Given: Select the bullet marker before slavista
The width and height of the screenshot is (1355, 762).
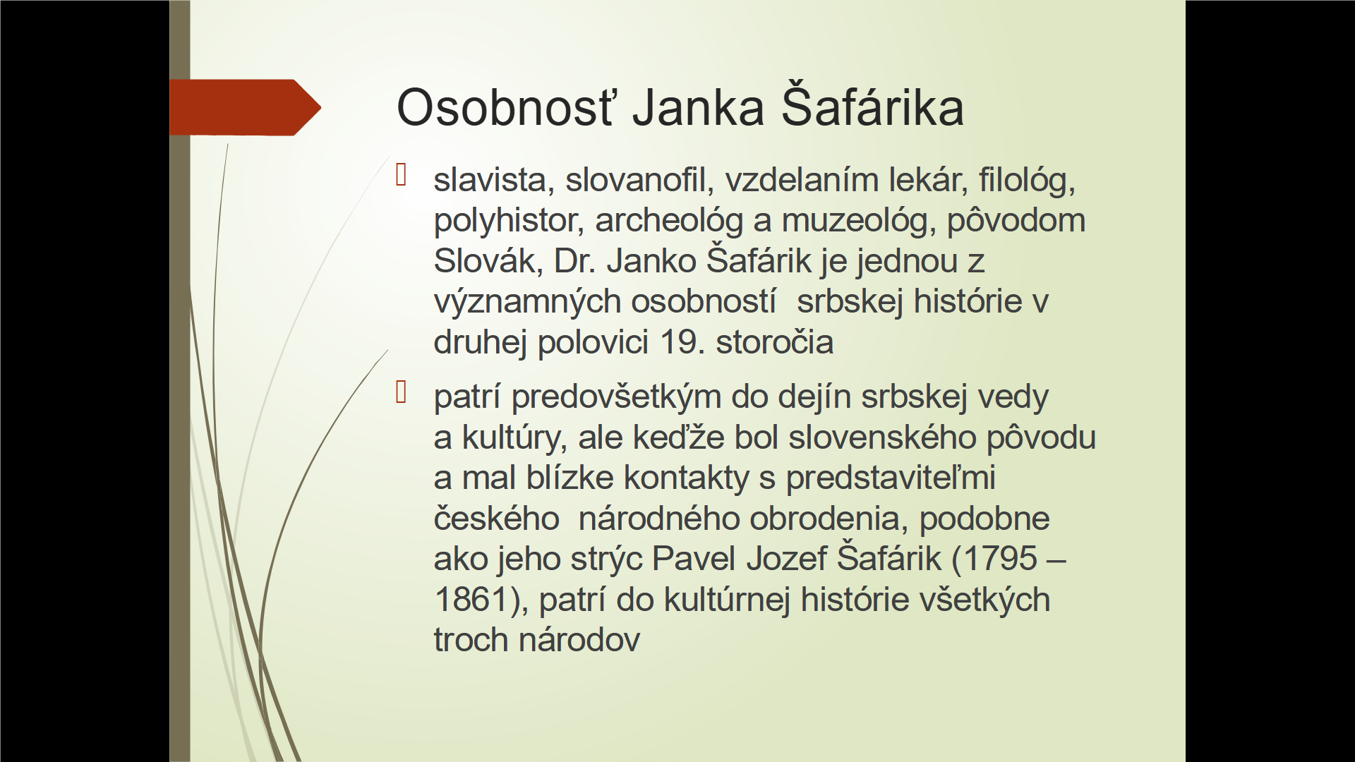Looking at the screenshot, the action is pos(402,175).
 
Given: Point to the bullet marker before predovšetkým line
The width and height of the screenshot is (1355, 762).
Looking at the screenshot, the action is pos(402,392).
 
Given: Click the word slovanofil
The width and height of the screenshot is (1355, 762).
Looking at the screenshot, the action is pos(639,180).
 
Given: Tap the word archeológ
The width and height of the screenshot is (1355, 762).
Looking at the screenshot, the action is pos(669,222).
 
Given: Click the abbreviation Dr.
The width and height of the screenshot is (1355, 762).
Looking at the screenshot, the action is pos(575,261).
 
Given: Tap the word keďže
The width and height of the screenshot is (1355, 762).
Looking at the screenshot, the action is pos(678,437).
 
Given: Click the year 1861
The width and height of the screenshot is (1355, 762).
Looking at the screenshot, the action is pos(471,600).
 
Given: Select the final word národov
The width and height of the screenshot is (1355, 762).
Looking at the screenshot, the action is pos(579,640).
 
